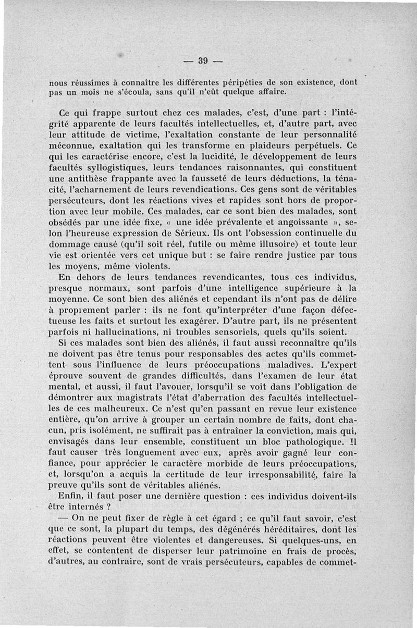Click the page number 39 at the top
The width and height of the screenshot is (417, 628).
(203, 60)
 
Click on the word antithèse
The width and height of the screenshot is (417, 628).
(89, 178)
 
